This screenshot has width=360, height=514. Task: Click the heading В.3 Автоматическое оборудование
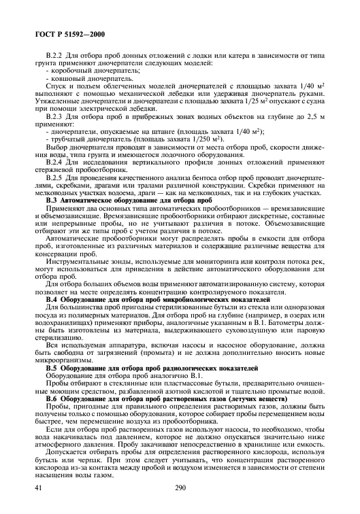[128, 203]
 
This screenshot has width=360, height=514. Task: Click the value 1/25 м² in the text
[244, 104]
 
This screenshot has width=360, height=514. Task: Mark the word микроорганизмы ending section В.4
[62, 377]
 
